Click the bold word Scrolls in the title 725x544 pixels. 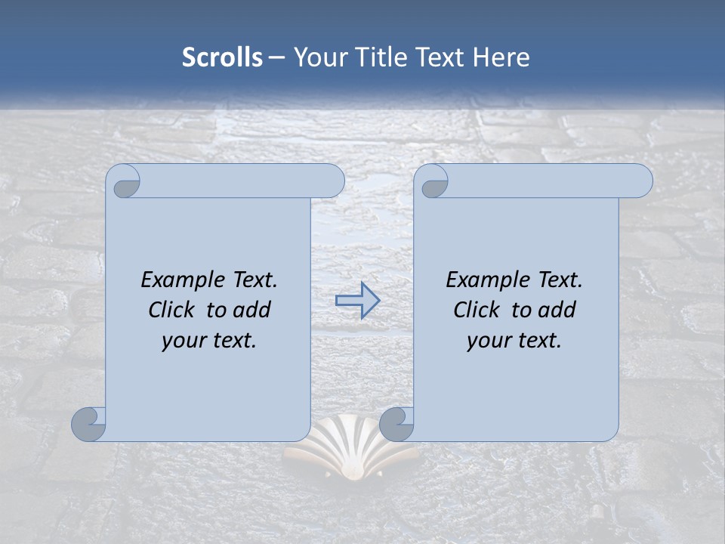pos(222,57)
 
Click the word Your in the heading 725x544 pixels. pos(318,57)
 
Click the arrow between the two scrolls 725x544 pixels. pos(357,300)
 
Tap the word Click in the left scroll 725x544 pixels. pos(171,310)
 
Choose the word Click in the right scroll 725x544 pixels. pos(476,310)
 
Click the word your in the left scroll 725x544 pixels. pos(183,341)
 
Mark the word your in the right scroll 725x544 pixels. pos(488,341)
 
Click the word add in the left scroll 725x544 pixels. pos(252,310)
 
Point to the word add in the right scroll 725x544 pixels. pos(557,310)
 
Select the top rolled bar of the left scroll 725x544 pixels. pos(242,181)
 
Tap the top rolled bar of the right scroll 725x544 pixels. pos(550,181)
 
